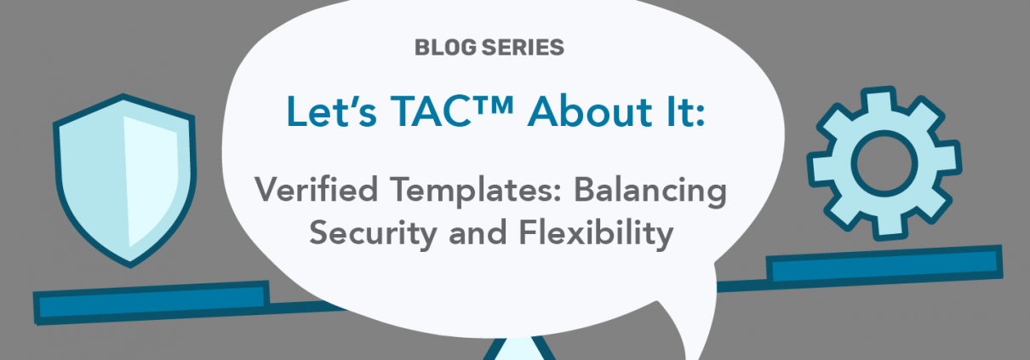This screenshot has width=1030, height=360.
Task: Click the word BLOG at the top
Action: click(445, 48)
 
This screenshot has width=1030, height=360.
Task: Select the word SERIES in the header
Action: click(523, 48)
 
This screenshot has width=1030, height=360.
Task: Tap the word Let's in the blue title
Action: click(331, 111)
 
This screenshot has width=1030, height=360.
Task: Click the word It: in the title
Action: click(684, 111)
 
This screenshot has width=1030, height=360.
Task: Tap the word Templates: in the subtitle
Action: click(476, 191)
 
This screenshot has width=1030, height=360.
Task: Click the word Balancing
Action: click(650, 191)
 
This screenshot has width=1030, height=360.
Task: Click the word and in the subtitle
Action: click(478, 232)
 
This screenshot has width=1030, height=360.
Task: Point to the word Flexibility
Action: click(596, 234)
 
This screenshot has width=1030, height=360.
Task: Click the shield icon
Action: click(124, 180)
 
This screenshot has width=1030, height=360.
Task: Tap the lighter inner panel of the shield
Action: click(150, 180)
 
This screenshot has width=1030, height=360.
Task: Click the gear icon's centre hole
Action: click(884, 163)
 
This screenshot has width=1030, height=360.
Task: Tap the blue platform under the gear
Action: click(884, 266)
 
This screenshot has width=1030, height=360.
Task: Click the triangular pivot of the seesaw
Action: click(519, 351)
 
